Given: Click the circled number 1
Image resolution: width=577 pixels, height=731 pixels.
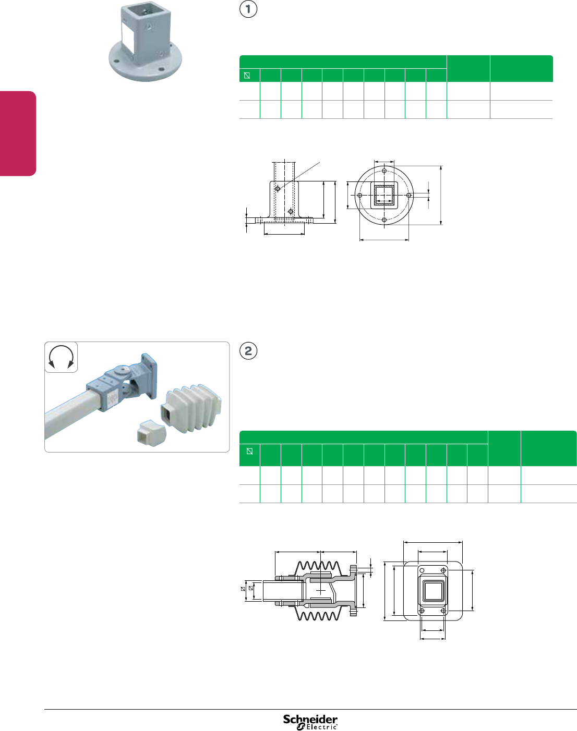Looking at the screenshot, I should pyautogui.click(x=248, y=9).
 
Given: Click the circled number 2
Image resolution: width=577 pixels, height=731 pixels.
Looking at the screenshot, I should pyautogui.click(x=248, y=350).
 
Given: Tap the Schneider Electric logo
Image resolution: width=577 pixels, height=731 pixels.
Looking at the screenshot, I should pyautogui.click(x=310, y=722).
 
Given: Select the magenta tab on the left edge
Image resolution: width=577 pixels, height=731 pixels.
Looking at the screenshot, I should pyautogui.click(x=18, y=133).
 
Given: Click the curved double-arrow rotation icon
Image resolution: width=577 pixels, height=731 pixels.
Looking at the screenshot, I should pyautogui.click(x=61, y=357).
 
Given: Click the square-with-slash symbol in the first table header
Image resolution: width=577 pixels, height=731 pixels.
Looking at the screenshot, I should pyautogui.click(x=247, y=76).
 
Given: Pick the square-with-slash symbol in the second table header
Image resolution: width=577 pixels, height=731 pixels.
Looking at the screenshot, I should pyautogui.click(x=249, y=451).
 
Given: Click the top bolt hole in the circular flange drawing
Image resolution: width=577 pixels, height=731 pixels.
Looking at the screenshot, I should pyautogui.click(x=384, y=171).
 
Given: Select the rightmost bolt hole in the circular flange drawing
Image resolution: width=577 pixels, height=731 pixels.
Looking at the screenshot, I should pyautogui.click(x=409, y=195).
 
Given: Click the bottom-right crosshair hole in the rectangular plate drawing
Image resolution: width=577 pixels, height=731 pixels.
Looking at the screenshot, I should pyautogui.click(x=443, y=611).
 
